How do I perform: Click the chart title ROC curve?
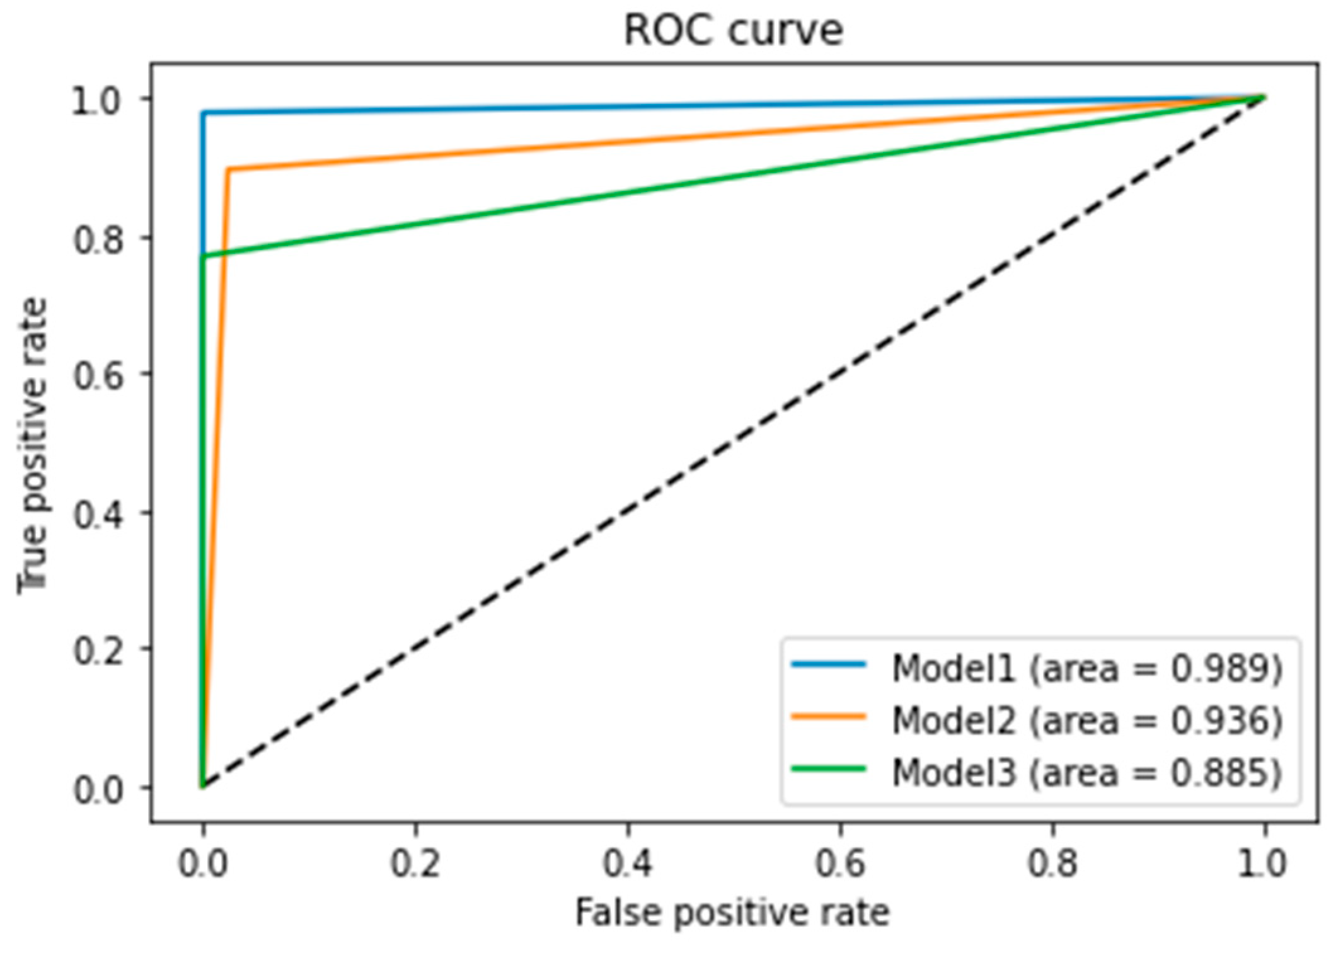[733, 30]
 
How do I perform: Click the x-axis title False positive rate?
[732, 913]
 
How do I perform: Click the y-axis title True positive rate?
[33, 446]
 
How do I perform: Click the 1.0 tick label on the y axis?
[96, 101]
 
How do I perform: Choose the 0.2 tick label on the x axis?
[415, 864]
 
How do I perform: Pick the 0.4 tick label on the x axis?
[628, 864]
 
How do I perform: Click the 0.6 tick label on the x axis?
[840, 864]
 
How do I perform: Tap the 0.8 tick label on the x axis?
[1052, 864]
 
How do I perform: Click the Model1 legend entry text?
[1086, 669]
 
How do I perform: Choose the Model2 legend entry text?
[1086, 721]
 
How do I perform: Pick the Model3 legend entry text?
[1086, 773]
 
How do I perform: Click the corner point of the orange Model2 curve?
[228, 169]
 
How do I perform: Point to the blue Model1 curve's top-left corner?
[203, 113]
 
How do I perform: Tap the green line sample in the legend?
[828, 769]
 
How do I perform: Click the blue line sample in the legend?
[828, 664]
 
